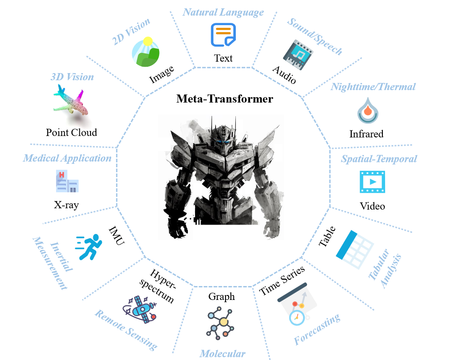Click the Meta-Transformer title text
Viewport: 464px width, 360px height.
pos(224,99)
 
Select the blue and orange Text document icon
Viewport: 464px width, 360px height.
pos(223,35)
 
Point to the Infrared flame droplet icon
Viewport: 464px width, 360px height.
pos(366,110)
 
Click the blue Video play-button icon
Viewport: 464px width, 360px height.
pos(372,182)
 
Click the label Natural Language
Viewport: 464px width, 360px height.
pos(223,12)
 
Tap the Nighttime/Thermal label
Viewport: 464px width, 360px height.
pos(373,87)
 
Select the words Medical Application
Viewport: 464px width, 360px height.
pos(67,158)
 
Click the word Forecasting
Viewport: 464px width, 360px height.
pos(317,330)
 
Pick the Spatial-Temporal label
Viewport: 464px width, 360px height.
pos(379,159)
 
